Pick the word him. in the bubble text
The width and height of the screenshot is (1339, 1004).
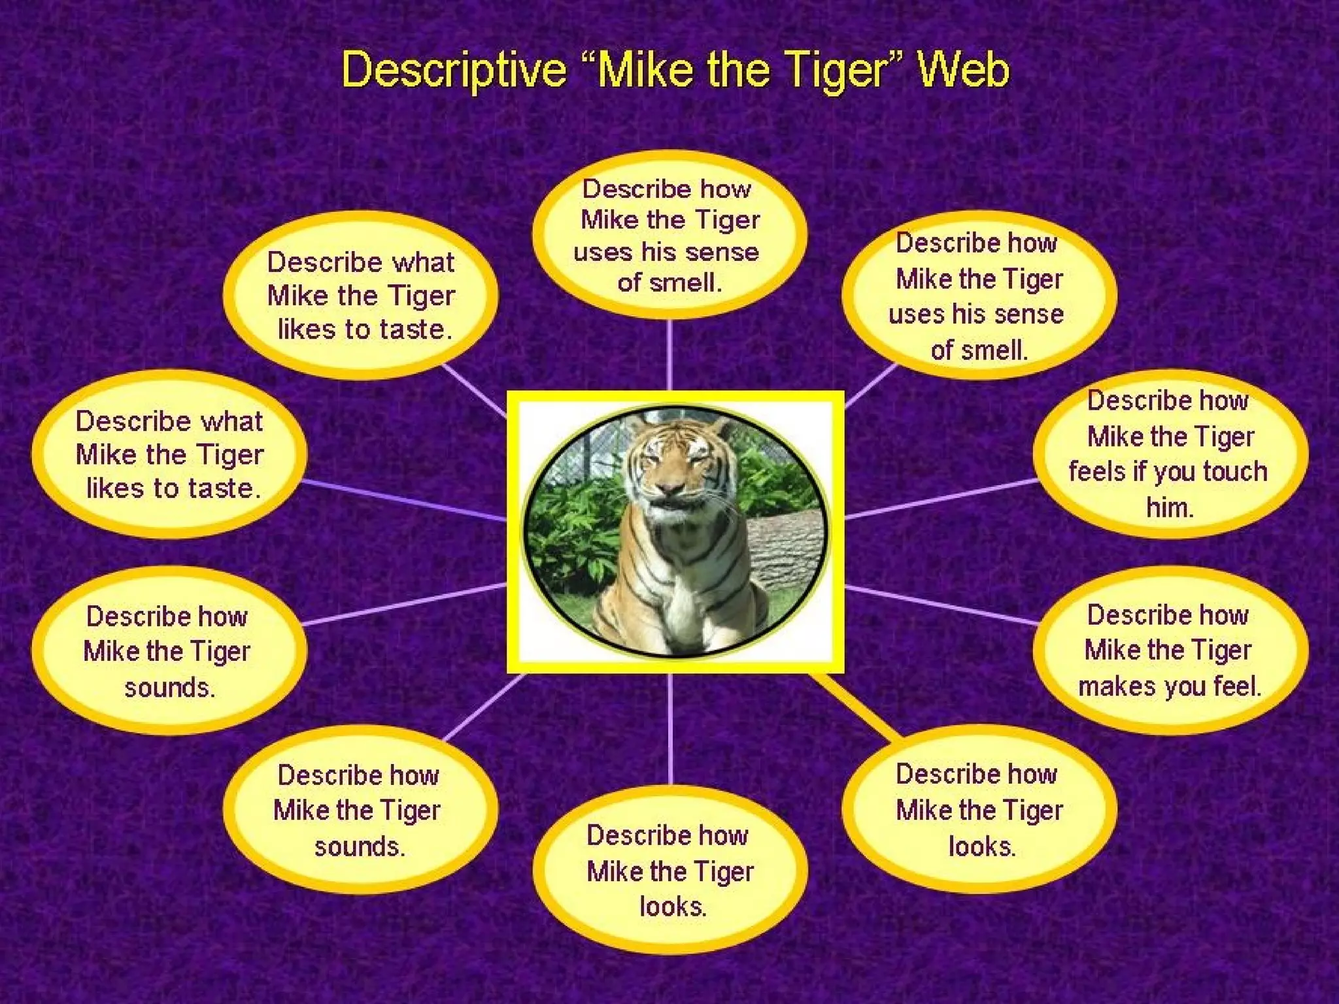pos(1170,507)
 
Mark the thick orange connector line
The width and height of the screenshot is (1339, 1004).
pos(856,706)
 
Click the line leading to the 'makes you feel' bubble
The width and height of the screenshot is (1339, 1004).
pos(941,605)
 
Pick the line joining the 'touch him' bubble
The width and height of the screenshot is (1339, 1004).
pos(941,498)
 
